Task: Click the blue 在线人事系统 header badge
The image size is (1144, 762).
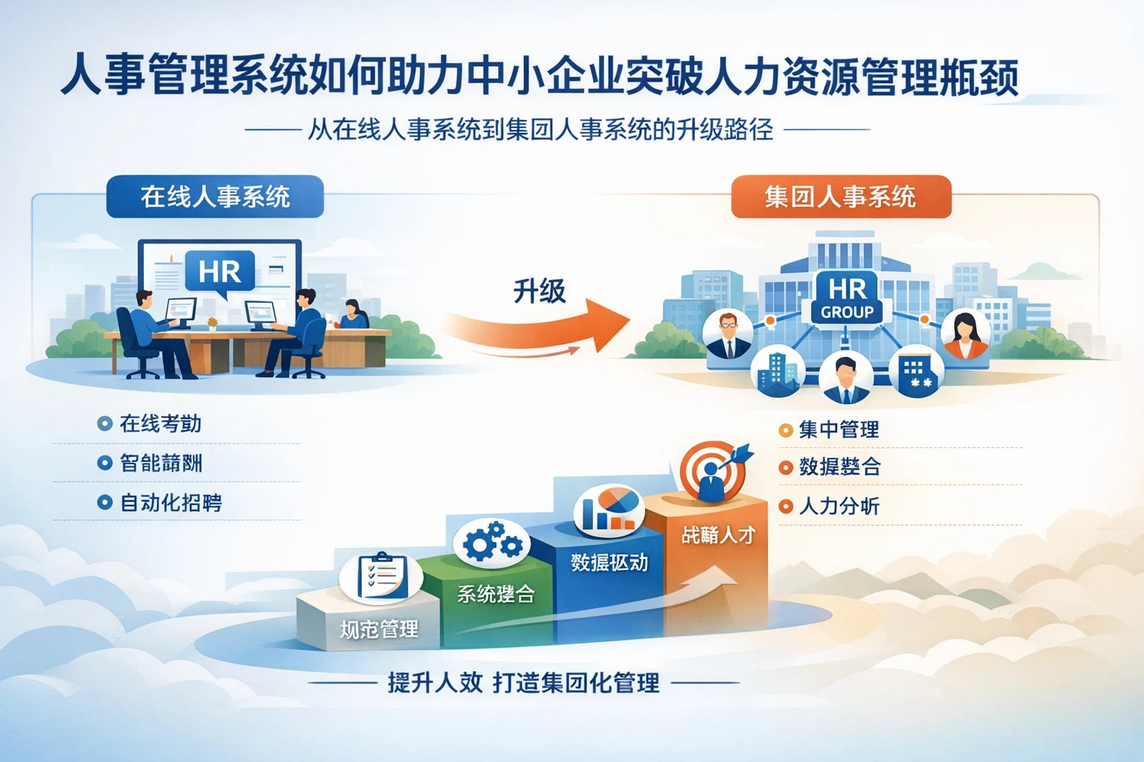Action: pos(214,196)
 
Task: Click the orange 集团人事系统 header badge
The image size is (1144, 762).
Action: pos(840,196)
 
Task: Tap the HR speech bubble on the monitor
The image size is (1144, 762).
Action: pos(220,272)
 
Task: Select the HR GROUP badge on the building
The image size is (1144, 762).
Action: pos(847,298)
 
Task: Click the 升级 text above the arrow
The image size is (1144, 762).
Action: pos(539,291)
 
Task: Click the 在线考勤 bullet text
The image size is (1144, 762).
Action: pos(160,424)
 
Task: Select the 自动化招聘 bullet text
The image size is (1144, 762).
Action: pos(171,503)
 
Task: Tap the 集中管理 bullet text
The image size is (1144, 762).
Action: pos(839,430)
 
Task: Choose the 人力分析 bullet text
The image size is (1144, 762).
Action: pos(839,507)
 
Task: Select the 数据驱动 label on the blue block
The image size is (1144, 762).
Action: pos(609,563)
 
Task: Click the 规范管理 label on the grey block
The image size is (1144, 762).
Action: pos(379,630)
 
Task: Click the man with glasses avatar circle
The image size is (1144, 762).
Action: pos(728,334)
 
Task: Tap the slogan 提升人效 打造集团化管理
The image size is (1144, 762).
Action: pos(523,682)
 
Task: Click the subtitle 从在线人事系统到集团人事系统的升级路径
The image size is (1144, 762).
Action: pos(541,130)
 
